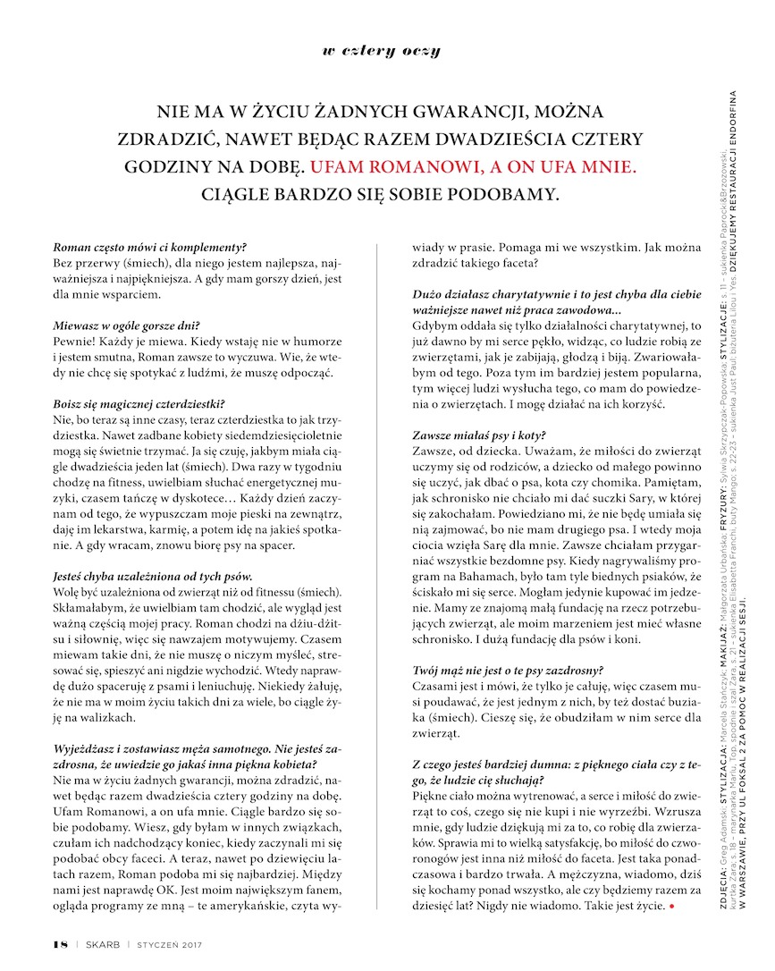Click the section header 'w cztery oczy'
coord(381,51)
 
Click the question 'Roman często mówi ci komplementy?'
coord(150,246)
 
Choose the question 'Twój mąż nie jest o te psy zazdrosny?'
coord(509,669)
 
